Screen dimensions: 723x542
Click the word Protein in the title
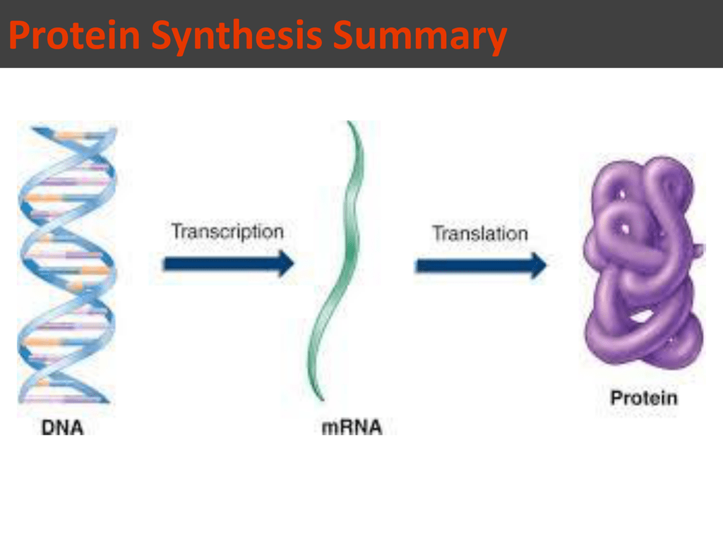tap(75, 35)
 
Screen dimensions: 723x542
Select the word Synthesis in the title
tap(237, 37)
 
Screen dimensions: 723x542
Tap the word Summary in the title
tap(419, 37)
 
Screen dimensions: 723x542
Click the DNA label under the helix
tap(62, 427)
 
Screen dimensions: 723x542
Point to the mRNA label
tap(352, 427)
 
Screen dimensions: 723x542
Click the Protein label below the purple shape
tap(644, 398)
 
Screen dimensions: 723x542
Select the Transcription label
tap(227, 231)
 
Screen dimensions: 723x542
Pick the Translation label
tap(480, 233)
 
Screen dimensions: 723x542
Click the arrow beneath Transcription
tap(229, 264)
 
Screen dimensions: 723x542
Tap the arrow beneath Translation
tap(481, 265)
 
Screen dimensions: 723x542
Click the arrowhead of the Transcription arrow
tap(285, 264)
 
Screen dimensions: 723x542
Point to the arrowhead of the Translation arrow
tap(538, 265)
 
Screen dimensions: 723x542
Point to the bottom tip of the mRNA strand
tap(322, 399)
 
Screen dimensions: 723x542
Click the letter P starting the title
tap(18, 35)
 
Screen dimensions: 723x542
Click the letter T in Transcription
tap(177, 231)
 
